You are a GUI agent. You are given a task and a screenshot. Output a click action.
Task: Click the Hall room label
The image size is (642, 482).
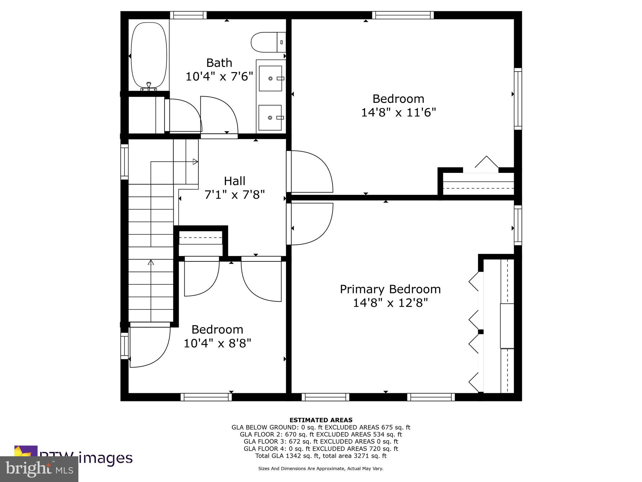click(234, 181)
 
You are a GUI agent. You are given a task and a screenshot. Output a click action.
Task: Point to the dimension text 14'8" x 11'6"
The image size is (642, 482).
click(398, 112)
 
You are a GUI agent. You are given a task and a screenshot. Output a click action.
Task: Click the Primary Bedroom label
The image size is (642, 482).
click(390, 289)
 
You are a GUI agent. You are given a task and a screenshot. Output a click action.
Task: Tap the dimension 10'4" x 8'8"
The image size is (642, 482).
click(217, 343)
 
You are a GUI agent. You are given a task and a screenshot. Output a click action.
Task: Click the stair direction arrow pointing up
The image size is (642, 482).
click(151, 262)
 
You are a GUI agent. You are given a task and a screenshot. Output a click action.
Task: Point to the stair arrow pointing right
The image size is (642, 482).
click(195, 162)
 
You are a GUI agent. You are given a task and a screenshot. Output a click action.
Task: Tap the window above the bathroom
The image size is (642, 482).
click(188, 15)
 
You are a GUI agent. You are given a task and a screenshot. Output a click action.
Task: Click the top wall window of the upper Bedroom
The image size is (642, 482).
click(403, 15)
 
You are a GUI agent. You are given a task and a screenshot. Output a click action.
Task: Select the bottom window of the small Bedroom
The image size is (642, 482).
click(206, 397)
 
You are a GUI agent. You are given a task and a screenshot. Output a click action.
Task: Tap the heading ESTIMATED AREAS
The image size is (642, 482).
click(321, 420)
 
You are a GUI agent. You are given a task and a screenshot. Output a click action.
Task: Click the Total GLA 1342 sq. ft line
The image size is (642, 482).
click(321, 456)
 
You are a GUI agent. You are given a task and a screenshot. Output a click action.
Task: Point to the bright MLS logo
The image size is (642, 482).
click(39, 469)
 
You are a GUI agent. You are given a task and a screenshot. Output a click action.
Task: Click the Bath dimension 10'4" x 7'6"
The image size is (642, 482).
click(219, 76)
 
